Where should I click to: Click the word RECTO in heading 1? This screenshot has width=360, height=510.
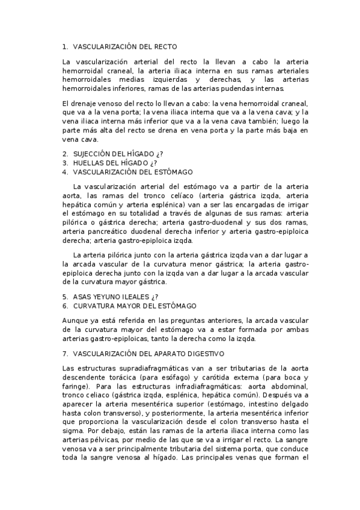166,46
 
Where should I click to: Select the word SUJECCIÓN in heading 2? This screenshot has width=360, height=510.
92,154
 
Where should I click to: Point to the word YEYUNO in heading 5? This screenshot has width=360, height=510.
109,296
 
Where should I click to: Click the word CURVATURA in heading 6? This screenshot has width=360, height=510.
94,306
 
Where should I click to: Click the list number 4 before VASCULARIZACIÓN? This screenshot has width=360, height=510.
64,172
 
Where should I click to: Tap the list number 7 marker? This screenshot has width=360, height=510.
64,354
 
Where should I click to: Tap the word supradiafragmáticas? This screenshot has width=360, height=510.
133,368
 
